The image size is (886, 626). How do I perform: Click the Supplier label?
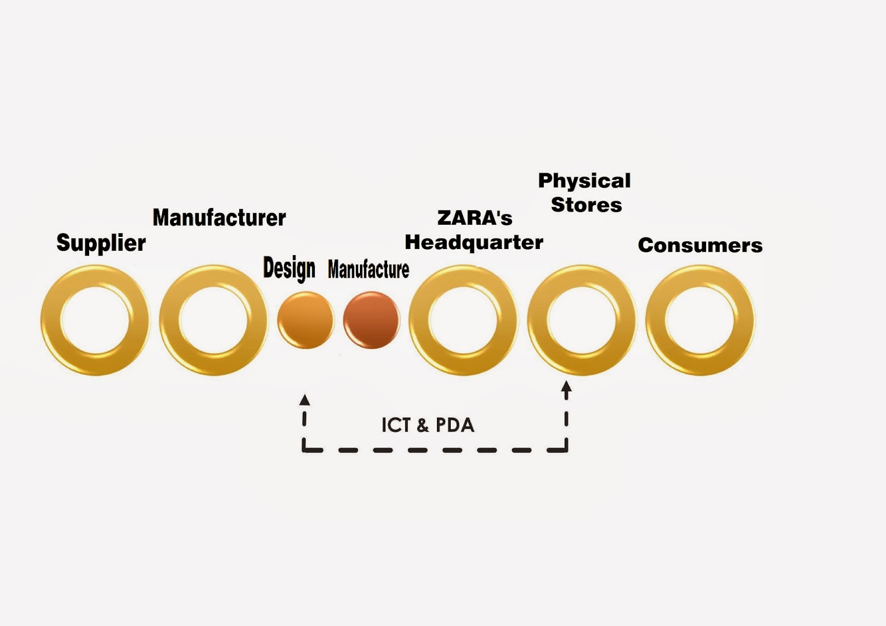coord(101,243)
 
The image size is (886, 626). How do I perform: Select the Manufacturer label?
coord(219,218)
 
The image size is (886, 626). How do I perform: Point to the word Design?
coord(289,268)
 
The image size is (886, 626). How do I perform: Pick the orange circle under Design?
coord(306,320)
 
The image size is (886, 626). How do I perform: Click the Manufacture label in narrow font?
coord(368,270)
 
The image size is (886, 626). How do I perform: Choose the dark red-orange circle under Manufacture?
coord(371,320)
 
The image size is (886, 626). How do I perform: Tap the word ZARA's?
coord(475,218)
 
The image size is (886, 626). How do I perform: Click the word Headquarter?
coord(474,242)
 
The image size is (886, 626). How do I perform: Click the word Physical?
coord(584,181)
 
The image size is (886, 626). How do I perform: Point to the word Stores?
coord(586,205)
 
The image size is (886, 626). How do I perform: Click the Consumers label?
coord(700,245)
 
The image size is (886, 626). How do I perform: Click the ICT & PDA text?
coord(427,425)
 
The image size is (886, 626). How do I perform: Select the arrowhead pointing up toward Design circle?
coord(305,400)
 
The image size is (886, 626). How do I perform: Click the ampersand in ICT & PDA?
coord(423,426)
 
